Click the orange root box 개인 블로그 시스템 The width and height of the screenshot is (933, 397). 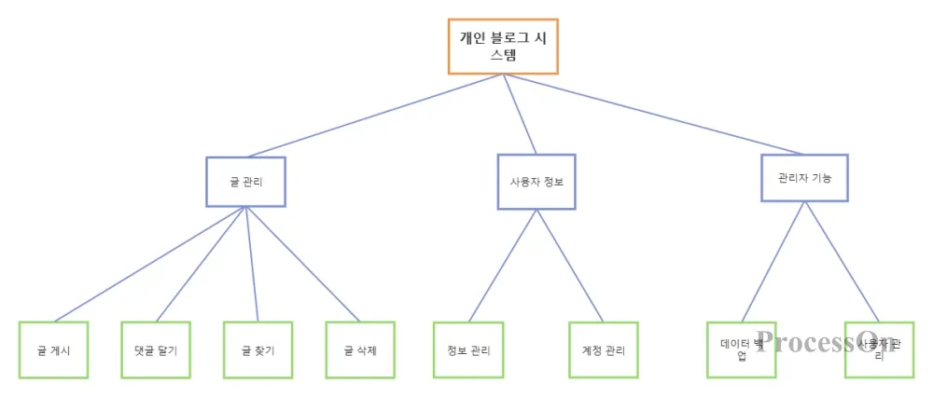(503, 46)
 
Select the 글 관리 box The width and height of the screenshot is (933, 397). (245, 181)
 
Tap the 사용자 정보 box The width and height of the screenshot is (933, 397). (536, 182)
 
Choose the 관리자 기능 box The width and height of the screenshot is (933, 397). (805, 177)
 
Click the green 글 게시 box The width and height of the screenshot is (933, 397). (53, 350)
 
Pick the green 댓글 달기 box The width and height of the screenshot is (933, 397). (156, 350)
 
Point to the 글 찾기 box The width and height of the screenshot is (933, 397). (258, 350)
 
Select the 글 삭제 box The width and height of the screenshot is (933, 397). (360, 350)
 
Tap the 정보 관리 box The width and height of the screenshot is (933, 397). (468, 350)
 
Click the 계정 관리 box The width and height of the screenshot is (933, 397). (604, 350)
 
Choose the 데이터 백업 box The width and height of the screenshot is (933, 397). (741, 349)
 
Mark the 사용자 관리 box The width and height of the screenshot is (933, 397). (878, 349)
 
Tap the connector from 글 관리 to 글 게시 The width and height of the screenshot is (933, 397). (149, 264)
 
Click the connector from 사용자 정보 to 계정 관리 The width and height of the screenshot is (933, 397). (570, 266)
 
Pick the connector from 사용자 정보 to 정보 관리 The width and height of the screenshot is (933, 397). (503, 266)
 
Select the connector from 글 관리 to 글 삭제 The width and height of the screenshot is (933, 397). (303, 264)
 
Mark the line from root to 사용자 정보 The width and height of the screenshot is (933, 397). (521, 114)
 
